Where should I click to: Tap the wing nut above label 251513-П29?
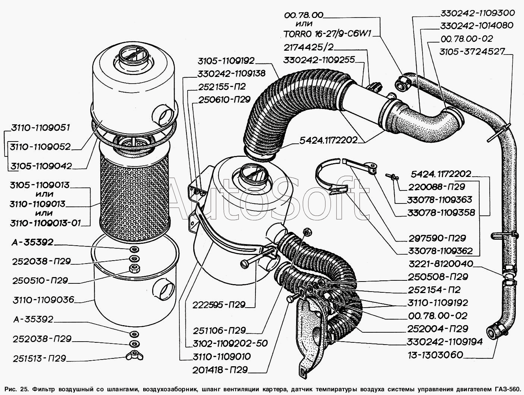pos(133,355)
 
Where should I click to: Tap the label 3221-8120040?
pos(440,264)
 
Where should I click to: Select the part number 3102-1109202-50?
pos(230,343)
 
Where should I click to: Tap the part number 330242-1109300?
pos(477,13)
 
